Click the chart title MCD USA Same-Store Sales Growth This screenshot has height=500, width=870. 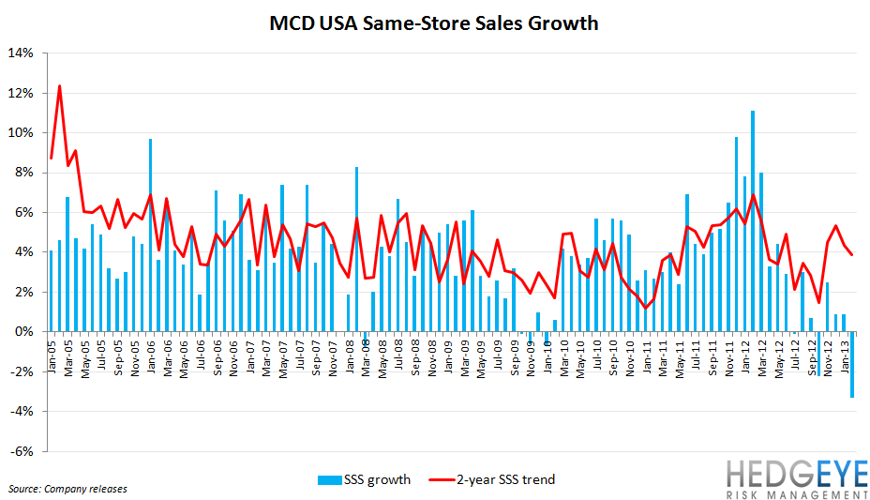click(x=434, y=23)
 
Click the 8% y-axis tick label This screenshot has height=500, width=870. click(x=22, y=173)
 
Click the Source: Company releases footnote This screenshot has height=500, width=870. click(x=67, y=489)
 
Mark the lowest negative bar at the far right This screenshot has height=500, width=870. click(x=851, y=365)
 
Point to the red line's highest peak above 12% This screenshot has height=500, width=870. click(x=59, y=86)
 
